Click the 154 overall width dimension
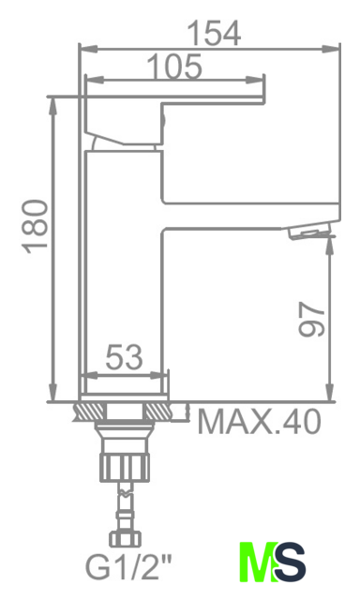click(215, 34)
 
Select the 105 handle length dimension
click(174, 67)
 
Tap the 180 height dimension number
click(36, 227)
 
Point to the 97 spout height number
click(311, 319)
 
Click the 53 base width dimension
click(124, 357)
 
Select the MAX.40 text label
click(259, 422)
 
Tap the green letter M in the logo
click(257, 562)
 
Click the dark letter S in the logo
click(290, 562)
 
